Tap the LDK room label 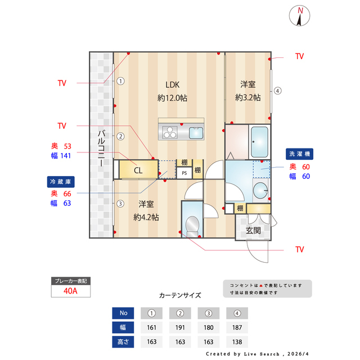(x=172, y=85)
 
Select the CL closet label (x=138, y=170)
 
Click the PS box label (x=184, y=173)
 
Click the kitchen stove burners (x=170, y=133)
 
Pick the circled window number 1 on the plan (x=120, y=80)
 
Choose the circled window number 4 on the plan (x=277, y=91)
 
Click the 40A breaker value (x=70, y=291)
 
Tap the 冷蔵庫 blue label (x=61, y=182)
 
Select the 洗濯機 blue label (x=300, y=154)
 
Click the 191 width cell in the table (x=181, y=327)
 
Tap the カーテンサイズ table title (x=180, y=295)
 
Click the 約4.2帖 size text (x=146, y=217)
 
